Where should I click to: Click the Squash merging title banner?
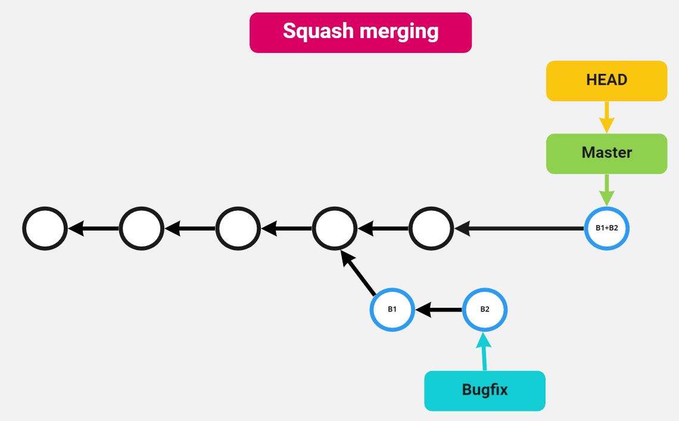point(360,32)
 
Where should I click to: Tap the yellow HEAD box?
point(606,80)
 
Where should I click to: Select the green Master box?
point(606,153)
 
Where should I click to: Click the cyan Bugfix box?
point(484,391)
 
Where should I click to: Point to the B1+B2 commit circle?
point(606,228)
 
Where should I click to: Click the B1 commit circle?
point(392,309)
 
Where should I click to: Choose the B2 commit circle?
point(485,309)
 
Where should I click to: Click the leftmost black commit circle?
point(45,228)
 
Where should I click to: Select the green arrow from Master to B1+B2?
point(606,190)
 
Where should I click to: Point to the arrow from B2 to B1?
point(438,310)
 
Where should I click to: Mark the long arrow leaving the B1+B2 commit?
point(518,228)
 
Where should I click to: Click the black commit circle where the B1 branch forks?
point(335,228)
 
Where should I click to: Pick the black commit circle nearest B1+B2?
point(431,228)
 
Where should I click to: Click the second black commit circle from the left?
point(141,228)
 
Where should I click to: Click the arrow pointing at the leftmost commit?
point(94,228)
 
